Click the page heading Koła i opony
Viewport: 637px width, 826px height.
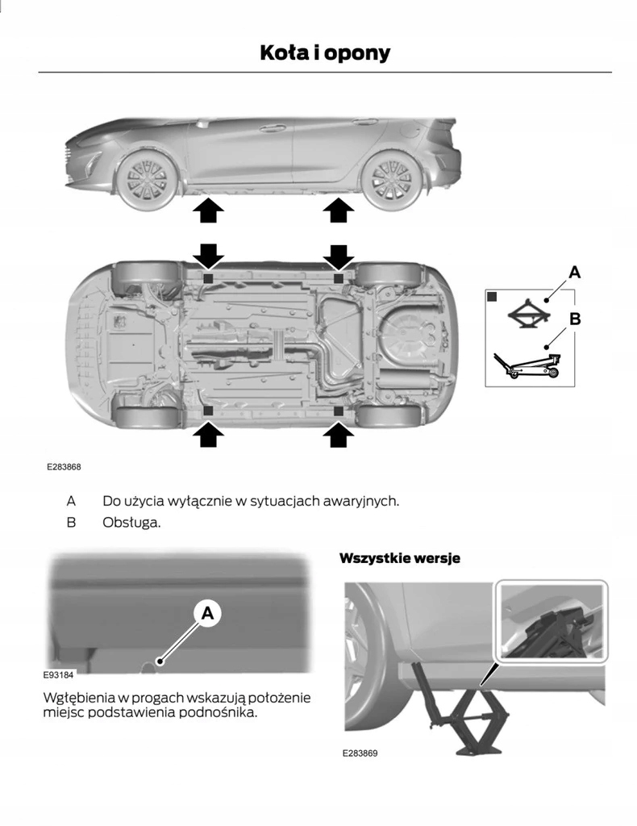(324, 53)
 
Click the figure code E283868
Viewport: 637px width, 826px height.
(64, 467)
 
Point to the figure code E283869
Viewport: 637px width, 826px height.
(360, 753)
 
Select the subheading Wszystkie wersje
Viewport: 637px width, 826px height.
(399, 558)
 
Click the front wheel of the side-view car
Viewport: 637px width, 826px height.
(145, 181)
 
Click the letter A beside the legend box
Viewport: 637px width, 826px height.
(574, 273)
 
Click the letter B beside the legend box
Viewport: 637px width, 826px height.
(575, 319)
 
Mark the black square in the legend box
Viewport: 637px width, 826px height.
(492, 297)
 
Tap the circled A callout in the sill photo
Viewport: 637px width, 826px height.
(207, 614)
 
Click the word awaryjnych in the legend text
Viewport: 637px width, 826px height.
(360, 501)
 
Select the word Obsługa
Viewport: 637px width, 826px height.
(131, 523)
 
